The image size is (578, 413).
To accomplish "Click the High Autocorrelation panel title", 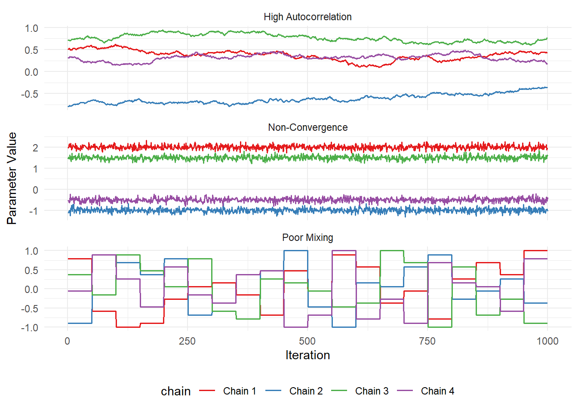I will pyautogui.click(x=307, y=17).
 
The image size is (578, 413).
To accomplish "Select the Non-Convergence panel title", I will pyautogui.click(x=307, y=127).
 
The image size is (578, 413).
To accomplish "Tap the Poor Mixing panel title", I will pyautogui.click(x=307, y=237).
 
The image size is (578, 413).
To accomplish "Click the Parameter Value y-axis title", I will pyautogui.click(x=12, y=178).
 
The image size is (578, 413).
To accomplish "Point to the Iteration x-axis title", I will pyautogui.click(x=307, y=355).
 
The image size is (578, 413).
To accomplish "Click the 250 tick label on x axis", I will pyautogui.click(x=187, y=341).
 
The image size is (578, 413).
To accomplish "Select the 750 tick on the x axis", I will pyautogui.click(x=427, y=341).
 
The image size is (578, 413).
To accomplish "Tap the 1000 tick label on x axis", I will pyautogui.click(x=547, y=341).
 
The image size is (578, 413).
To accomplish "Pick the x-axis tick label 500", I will pyautogui.click(x=307, y=341).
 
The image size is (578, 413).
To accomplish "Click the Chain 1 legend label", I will pyautogui.click(x=240, y=391).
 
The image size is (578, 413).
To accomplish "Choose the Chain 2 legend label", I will pyautogui.click(x=306, y=391).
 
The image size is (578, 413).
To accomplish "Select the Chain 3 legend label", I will pyautogui.click(x=372, y=391).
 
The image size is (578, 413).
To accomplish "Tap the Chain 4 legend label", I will pyautogui.click(x=437, y=391).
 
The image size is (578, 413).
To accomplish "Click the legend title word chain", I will pyautogui.click(x=175, y=391).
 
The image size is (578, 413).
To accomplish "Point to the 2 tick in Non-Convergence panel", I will pyautogui.click(x=35, y=148).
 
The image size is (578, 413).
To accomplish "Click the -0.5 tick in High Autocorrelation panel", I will pyautogui.click(x=29, y=94).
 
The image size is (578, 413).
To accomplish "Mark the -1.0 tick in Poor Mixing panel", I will pyautogui.click(x=29, y=327).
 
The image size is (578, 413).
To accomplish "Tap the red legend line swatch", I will pyautogui.click(x=207, y=391).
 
